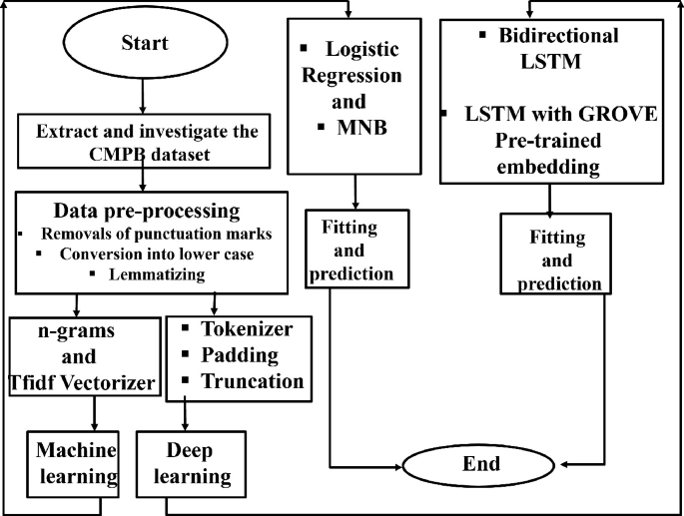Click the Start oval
[x=144, y=44]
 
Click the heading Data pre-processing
[x=146, y=212]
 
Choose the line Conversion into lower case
[x=149, y=255]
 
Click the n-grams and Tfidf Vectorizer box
[x=84, y=355]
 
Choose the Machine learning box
[x=71, y=461]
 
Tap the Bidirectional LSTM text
[x=556, y=47]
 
